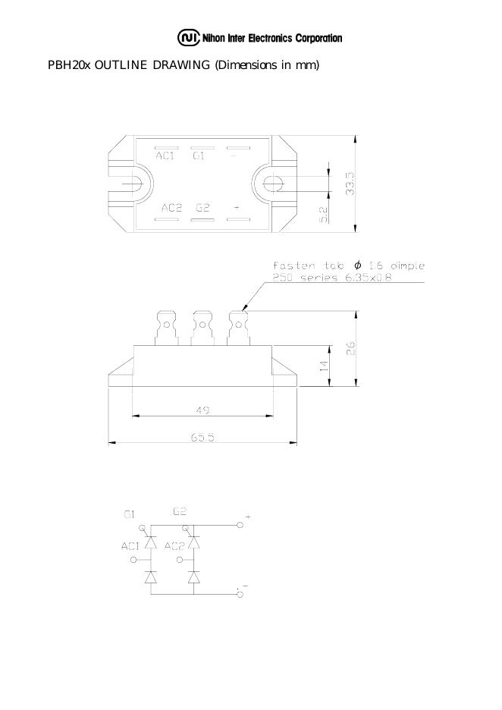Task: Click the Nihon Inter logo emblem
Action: [x=188, y=38]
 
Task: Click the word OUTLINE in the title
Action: [x=121, y=65]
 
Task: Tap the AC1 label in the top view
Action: [x=165, y=156]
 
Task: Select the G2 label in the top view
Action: [x=202, y=208]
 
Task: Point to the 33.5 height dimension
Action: [x=350, y=184]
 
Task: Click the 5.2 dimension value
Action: [x=324, y=215]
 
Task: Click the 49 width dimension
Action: [x=202, y=410]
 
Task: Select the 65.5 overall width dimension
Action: [x=202, y=438]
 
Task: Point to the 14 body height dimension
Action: [x=324, y=366]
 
